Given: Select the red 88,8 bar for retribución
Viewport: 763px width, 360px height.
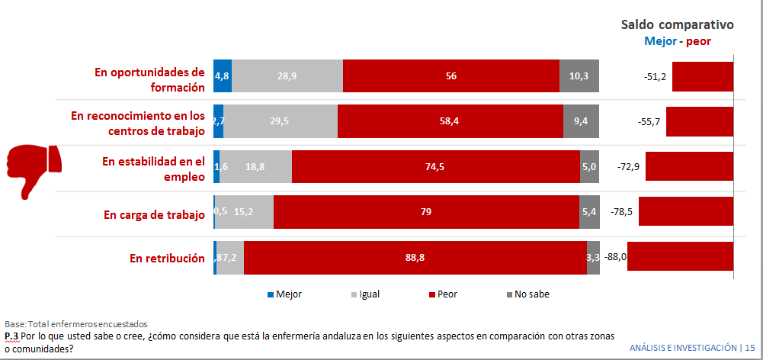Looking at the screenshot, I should point(415,258).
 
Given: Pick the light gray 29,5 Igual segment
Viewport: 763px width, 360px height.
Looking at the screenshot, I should point(281,121).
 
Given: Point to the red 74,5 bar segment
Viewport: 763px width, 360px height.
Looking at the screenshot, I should point(436,167).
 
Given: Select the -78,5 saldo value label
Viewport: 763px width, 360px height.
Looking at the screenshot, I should point(622,213).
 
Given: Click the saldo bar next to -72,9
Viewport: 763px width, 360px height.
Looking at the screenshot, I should point(689,166).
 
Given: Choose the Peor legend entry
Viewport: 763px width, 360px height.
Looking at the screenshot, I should point(446,294).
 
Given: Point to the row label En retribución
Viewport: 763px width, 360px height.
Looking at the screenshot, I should point(167,258).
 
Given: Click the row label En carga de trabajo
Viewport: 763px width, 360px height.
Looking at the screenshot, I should point(154,214).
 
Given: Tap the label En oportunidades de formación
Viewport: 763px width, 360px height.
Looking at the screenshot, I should point(149,79).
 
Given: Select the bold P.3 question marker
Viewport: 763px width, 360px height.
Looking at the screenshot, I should point(11,336).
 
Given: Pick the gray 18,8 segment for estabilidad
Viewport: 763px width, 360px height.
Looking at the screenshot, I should point(255,167).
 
